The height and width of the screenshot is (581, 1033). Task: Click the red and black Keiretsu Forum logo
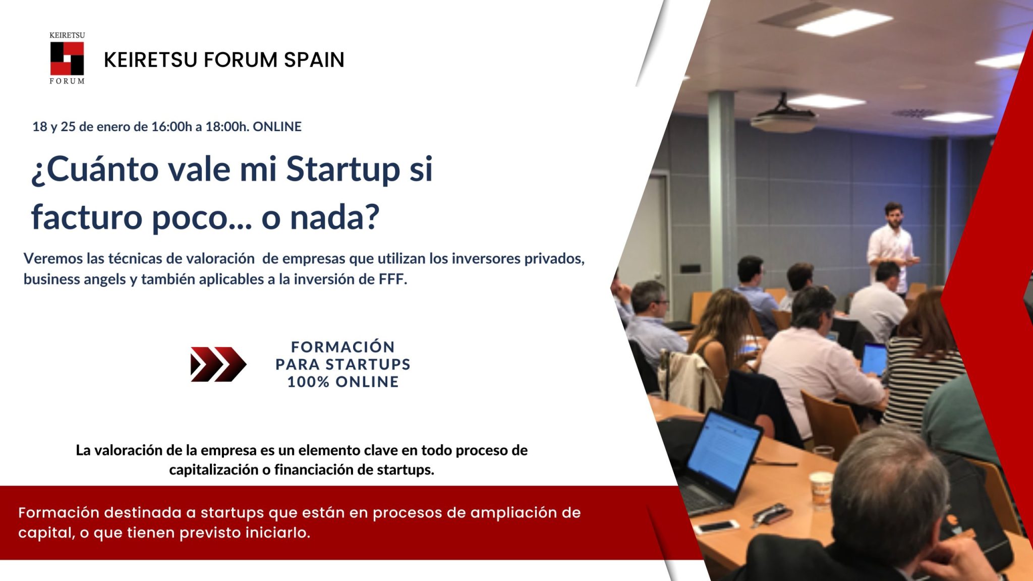[67, 59]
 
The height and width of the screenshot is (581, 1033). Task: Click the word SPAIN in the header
[314, 60]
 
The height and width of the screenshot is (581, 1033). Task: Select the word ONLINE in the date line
[277, 127]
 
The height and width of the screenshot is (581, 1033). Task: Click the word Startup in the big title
[343, 169]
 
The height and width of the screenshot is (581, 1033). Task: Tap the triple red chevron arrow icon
[218, 364]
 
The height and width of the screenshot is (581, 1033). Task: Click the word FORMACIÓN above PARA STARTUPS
[343, 347]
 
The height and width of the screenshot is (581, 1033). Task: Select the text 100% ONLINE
[343, 382]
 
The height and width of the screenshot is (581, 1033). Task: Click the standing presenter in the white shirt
[891, 247]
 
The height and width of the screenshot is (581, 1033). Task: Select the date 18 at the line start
[39, 127]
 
